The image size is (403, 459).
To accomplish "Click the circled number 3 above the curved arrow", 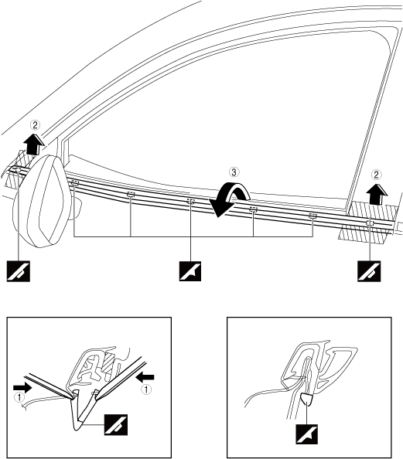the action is click(234, 172).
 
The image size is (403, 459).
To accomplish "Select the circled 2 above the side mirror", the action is click(35, 125).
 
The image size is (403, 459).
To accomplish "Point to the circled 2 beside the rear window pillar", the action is click(377, 175).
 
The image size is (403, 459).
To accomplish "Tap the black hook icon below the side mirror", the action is click(19, 271).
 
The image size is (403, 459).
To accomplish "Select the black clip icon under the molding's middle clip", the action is click(190, 271).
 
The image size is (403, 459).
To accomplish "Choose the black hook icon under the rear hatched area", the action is click(369, 271).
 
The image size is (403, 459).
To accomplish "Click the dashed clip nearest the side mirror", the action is click(75, 184).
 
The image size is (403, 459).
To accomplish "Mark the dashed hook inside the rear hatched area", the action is click(370, 223).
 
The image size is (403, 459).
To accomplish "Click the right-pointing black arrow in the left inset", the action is click(22, 388).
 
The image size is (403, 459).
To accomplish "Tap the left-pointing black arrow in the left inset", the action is click(145, 377).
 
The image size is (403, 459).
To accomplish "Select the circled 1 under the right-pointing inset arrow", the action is click(19, 397).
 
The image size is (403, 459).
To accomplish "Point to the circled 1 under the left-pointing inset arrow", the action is click(146, 389).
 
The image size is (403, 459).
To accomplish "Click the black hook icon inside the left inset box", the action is click(116, 425).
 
